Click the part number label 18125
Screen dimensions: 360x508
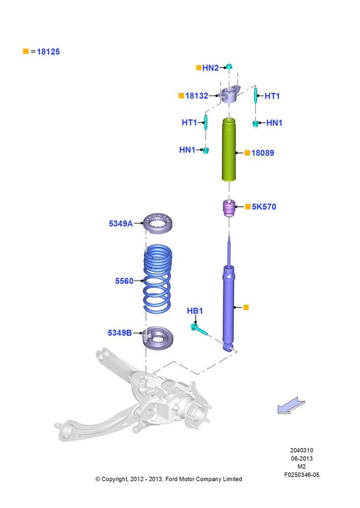(x=48, y=51)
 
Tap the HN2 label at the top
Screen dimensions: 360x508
(x=211, y=68)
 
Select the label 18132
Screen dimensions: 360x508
(x=197, y=96)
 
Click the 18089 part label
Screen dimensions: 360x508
(x=263, y=153)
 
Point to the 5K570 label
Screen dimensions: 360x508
(x=264, y=207)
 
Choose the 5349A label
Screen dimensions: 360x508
(x=121, y=224)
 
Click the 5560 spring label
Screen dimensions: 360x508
(x=124, y=281)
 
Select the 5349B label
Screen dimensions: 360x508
(x=119, y=333)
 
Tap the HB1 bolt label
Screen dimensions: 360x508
(x=195, y=311)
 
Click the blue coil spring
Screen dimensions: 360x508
(x=158, y=279)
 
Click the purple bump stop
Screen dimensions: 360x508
(x=229, y=209)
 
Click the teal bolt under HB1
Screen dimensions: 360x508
(x=199, y=329)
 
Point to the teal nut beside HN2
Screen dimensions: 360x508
(x=229, y=67)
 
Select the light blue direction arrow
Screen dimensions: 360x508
(x=291, y=405)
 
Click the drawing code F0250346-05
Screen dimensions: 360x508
(x=302, y=474)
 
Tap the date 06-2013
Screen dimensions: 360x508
(x=302, y=458)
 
